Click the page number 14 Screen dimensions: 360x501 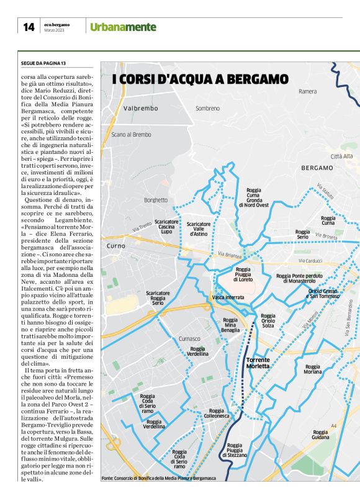[29, 27]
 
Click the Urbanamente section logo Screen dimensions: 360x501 [123, 27]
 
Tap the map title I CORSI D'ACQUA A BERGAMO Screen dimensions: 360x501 [200, 79]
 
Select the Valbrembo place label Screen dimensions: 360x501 [141, 108]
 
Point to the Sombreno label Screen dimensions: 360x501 [208, 108]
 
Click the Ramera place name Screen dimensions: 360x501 [307, 91]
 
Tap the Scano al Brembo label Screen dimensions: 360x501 [131, 134]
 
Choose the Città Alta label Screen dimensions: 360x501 [341, 156]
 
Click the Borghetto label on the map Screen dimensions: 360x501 [156, 200]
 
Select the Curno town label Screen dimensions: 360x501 [116, 246]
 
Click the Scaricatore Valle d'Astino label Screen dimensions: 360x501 [199, 228]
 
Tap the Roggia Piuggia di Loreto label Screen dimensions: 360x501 [243, 274]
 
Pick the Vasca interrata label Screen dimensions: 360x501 [228, 297]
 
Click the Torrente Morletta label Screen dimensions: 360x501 [258, 363]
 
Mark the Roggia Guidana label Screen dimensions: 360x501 [320, 435]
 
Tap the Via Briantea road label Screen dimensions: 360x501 [229, 255]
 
